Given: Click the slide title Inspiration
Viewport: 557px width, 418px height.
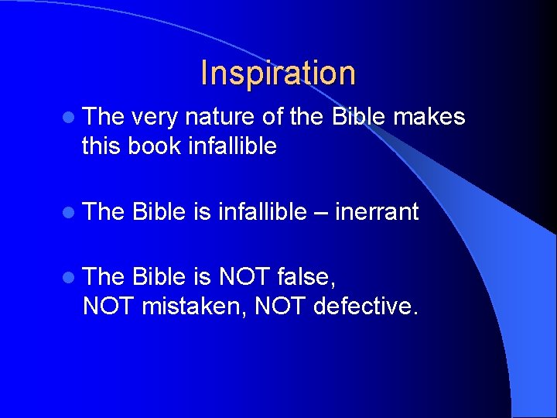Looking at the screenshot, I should [x=278, y=74].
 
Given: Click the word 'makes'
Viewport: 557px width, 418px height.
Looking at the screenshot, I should [x=429, y=118].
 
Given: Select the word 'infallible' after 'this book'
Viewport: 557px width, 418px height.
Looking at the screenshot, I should [x=232, y=146].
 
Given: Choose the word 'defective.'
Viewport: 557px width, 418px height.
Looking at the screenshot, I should [x=366, y=306].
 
